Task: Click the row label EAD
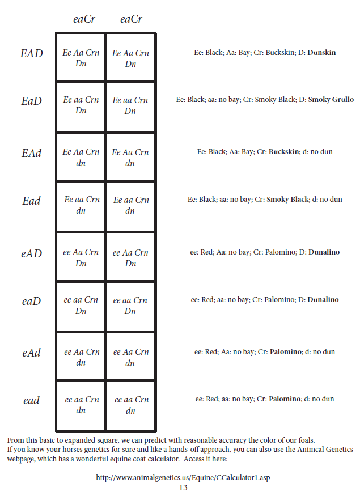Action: click(32, 54)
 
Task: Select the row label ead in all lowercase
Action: click(32, 401)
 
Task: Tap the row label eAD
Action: click(32, 253)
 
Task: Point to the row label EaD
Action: click(32, 101)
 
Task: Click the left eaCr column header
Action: click(84, 19)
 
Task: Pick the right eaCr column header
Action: click(131, 19)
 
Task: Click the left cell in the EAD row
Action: click(81, 58)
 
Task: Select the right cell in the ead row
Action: click(131, 405)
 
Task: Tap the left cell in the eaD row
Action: click(81, 305)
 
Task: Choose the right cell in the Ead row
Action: click(131, 205)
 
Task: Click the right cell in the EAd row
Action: click(130, 158)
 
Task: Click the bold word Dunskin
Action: click(321, 53)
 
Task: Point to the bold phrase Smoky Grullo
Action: click(331, 100)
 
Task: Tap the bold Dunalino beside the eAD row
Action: click(324, 252)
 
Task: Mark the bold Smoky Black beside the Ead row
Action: click(286, 200)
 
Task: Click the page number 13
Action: click(183, 487)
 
